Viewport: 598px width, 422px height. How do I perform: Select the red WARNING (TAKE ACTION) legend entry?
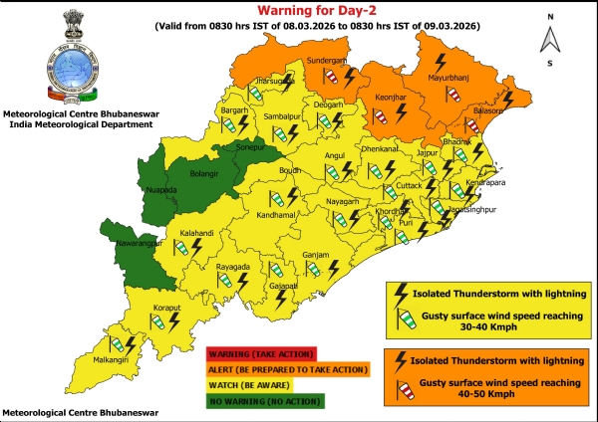click(x=260, y=352)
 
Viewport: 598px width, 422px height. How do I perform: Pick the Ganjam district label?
click(x=316, y=256)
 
